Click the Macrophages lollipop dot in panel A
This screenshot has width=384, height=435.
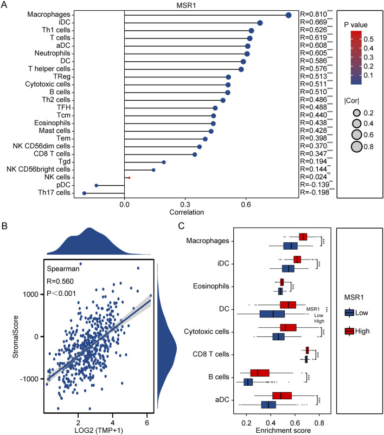[289, 15]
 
